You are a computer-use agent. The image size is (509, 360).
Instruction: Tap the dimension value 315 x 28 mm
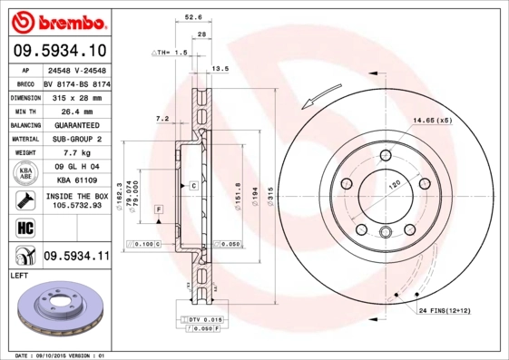[x=76, y=95]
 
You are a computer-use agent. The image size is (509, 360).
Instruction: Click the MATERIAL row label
[x=24, y=139]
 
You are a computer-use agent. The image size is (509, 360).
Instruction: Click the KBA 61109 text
[x=76, y=181]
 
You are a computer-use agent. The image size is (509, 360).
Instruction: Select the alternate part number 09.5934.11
[x=76, y=255]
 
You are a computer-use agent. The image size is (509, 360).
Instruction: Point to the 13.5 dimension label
[x=220, y=69]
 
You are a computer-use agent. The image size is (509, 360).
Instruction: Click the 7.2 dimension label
[x=162, y=118]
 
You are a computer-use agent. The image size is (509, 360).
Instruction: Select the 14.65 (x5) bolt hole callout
[x=433, y=121]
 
